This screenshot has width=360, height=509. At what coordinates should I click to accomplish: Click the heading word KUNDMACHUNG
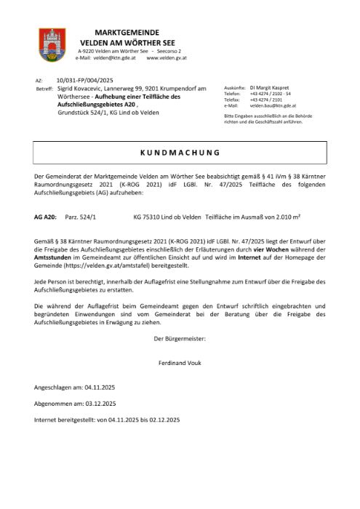pyautogui.click(x=179, y=153)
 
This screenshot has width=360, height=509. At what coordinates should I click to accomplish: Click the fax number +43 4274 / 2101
pyautogui.click(x=266, y=100)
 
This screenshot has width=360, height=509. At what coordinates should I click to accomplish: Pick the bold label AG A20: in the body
pyautogui.click(x=45, y=217)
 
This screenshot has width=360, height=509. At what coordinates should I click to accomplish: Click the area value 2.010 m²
pyautogui.click(x=310, y=217)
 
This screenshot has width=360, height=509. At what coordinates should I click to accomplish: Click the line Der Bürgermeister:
pyautogui.click(x=180, y=339)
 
